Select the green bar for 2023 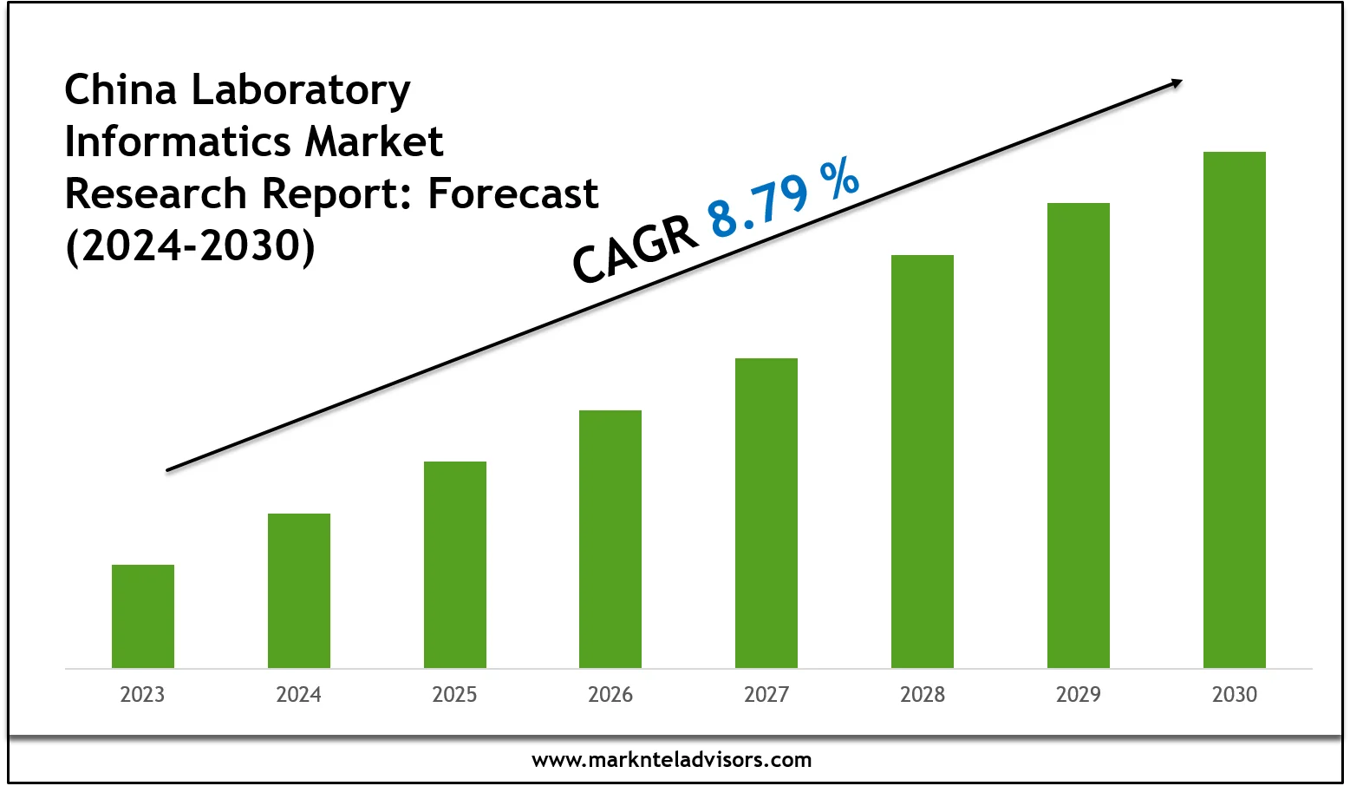pos(143,616)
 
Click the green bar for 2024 pos(299,590)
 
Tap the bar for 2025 pos(455,564)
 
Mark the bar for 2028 pos(923,461)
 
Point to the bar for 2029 pos(1079,435)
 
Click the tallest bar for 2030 pos(1235,409)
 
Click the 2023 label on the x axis pos(142,694)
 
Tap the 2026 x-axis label pos(610,694)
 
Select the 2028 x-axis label pos(923,694)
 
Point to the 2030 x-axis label pos(1235,694)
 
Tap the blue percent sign pos(839,177)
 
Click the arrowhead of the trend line pos(1176,83)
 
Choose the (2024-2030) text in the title pos(191,246)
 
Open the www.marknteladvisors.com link pos(672,760)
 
